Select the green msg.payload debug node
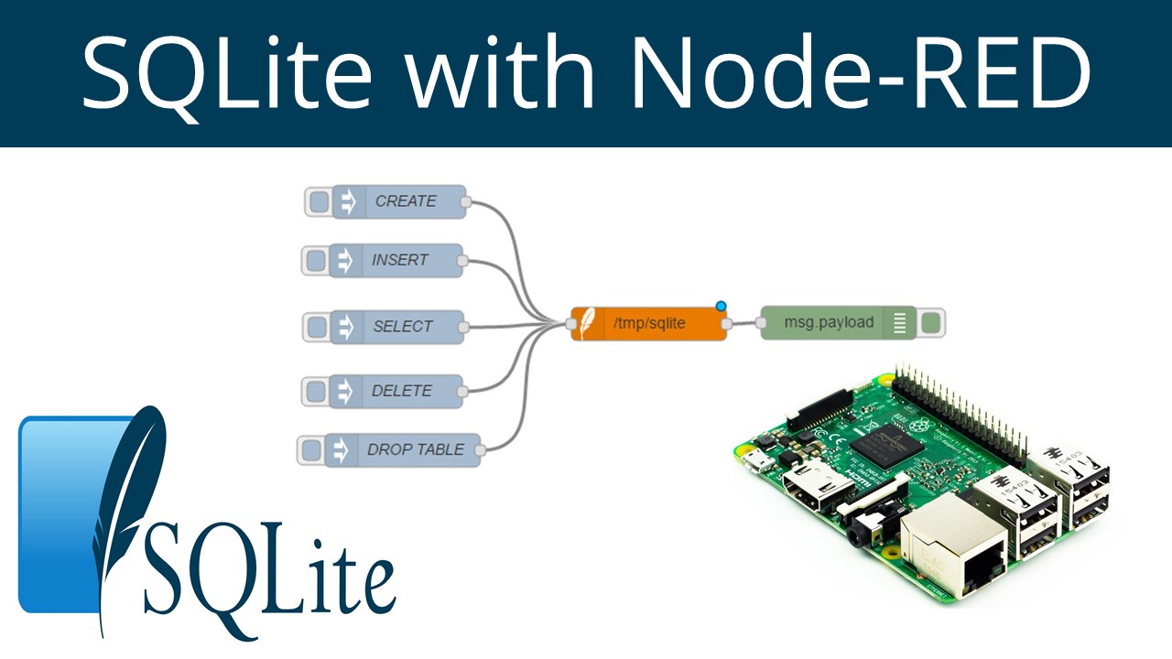pyautogui.click(x=829, y=322)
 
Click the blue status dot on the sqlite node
pyautogui.click(x=722, y=306)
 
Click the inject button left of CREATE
pyautogui.click(x=318, y=201)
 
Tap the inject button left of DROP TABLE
pyautogui.click(x=311, y=449)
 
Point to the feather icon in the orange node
pyautogui.click(x=582, y=324)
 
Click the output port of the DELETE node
pyautogui.click(x=461, y=391)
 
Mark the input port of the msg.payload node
pyautogui.click(x=761, y=322)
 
